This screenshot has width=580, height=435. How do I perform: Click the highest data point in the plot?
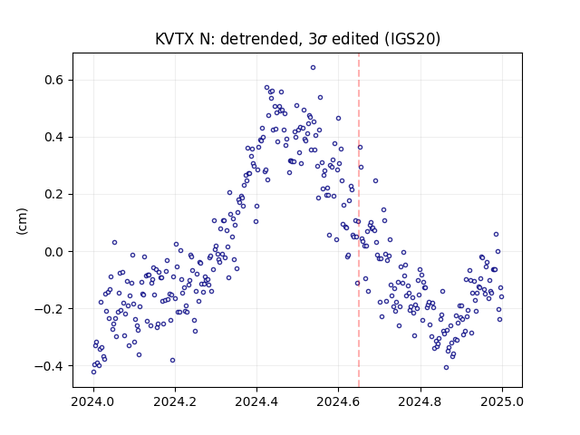[313, 68]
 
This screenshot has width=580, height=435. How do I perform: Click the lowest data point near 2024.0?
[93, 372]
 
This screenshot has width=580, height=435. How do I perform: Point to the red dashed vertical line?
[359, 220]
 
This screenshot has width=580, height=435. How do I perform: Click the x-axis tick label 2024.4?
[256, 401]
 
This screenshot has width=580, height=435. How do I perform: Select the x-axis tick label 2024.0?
[93, 401]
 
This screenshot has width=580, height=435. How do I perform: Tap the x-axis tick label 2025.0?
[502, 401]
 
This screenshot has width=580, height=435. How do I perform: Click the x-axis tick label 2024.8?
[420, 401]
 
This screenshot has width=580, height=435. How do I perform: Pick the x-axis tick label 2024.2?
[175, 401]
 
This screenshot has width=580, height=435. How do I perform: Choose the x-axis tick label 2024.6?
[338, 401]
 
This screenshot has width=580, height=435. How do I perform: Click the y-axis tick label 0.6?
[53, 81]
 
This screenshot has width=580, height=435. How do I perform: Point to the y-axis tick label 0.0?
[53, 252]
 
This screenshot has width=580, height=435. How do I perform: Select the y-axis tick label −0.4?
[49, 366]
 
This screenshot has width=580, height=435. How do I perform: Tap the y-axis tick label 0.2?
[53, 195]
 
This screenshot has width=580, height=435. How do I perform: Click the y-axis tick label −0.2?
[49, 309]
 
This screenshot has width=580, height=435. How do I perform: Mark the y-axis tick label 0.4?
[53, 137]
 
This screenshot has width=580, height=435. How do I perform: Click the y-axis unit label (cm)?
[22, 221]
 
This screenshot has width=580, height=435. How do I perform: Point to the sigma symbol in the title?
[322, 40]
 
